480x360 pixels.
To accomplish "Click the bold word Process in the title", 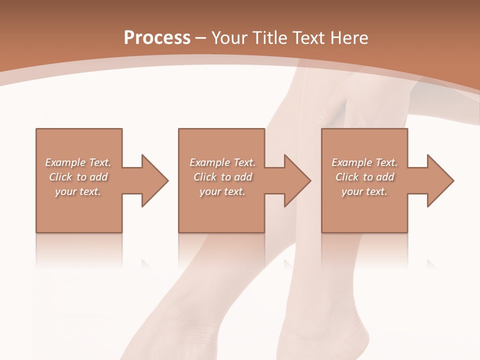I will point(157,38).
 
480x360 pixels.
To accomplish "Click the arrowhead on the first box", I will point(154,180).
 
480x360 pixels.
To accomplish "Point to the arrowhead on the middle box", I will point(297,180).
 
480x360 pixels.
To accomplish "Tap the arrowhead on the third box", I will point(440,180).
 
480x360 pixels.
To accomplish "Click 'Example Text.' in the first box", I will point(78,162).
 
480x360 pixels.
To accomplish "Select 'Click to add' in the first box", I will point(78,177).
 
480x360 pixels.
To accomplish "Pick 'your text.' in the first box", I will point(78,191).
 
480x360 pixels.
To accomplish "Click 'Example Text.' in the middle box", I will point(222,162).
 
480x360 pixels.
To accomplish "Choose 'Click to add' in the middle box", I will point(222,177).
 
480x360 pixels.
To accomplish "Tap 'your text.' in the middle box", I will point(222,191).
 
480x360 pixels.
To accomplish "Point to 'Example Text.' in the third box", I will point(364,162).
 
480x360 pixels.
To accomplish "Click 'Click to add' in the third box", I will point(364,177).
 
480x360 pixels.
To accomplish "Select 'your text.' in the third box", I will point(364,191).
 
